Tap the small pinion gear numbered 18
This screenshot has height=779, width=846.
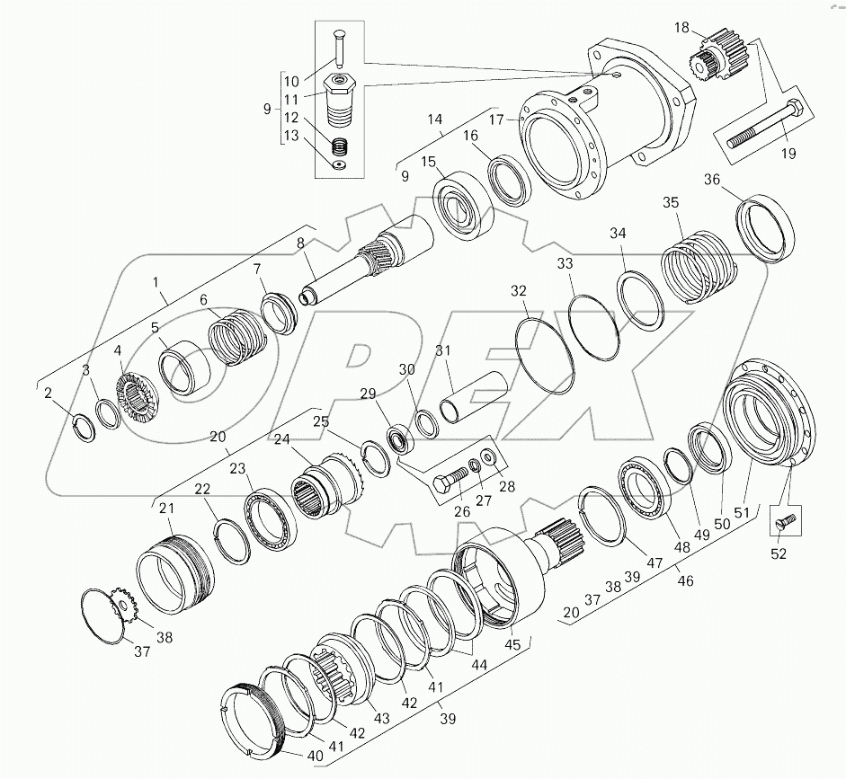pos(712,57)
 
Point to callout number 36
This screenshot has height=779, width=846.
pos(712,179)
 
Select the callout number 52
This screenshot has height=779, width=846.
pos(779,554)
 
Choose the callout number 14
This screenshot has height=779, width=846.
pos(435,119)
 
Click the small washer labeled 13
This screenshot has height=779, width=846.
pos(339,164)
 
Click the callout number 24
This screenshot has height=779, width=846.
pos(281,439)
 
